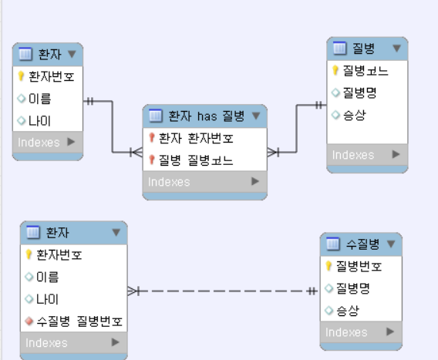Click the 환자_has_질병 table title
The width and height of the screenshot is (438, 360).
[207, 116]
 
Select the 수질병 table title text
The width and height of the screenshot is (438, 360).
[362, 244]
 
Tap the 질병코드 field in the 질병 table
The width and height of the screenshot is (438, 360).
[366, 71]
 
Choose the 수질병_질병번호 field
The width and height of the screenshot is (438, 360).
[79, 321]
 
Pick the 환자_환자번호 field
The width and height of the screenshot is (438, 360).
[196, 138]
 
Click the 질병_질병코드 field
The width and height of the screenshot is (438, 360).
[196, 160]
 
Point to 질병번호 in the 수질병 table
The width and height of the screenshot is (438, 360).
[359, 266]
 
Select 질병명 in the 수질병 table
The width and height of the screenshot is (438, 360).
[353, 288]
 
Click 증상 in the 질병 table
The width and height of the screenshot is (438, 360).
[354, 115]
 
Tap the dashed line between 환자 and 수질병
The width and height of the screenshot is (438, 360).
[222, 291]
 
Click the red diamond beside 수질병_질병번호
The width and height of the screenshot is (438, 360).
[29, 321]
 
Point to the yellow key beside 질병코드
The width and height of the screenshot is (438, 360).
[335, 70]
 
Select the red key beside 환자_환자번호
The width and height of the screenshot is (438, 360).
[152, 138]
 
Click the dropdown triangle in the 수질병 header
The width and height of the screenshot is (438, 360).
[391, 244]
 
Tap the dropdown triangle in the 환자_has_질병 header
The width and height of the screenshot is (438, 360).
[256, 116]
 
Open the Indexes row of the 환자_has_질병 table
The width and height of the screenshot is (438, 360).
[205, 182]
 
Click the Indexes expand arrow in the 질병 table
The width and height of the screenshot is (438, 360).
[396, 154]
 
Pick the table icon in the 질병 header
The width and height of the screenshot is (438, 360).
[339, 48]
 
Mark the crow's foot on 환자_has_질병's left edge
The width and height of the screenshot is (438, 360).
[136, 152]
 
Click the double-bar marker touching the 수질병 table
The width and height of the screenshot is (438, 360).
[312, 291]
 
